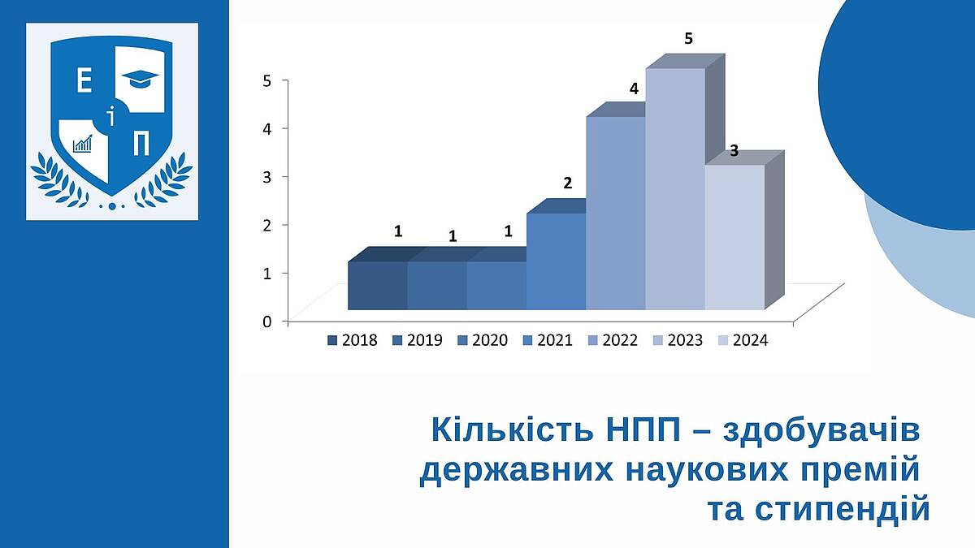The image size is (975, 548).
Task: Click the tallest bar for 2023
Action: click(x=675, y=189)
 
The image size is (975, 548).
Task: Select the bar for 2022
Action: click(x=616, y=213)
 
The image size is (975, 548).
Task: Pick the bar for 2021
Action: click(x=556, y=261)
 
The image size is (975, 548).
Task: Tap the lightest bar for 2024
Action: click(x=734, y=237)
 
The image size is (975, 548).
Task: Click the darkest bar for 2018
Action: click(x=377, y=286)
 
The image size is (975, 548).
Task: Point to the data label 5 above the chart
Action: click(x=688, y=39)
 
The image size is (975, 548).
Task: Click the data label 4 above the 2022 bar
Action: click(x=634, y=88)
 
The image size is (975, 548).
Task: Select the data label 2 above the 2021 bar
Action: click(x=568, y=183)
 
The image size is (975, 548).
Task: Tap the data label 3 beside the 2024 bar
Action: click(x=734, y=151)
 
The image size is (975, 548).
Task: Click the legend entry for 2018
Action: click(x=353, y=340)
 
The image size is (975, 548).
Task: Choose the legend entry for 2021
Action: click(x=547, y=340)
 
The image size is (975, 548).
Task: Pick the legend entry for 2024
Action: click(x=743, y=340)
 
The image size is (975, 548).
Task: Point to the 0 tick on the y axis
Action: click(x=266, y=321)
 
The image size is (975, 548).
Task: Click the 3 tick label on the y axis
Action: click(x=266, y=177)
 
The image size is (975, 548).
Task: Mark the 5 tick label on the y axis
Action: click(x=266, y=80)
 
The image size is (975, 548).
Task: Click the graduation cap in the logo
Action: click(x=140, y=79)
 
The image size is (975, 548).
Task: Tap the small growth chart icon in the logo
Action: click(x=83, y=143)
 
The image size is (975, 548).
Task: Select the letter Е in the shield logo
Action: click(x=84, y=81)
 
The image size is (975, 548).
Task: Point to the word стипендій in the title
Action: click(x=818, y=510)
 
